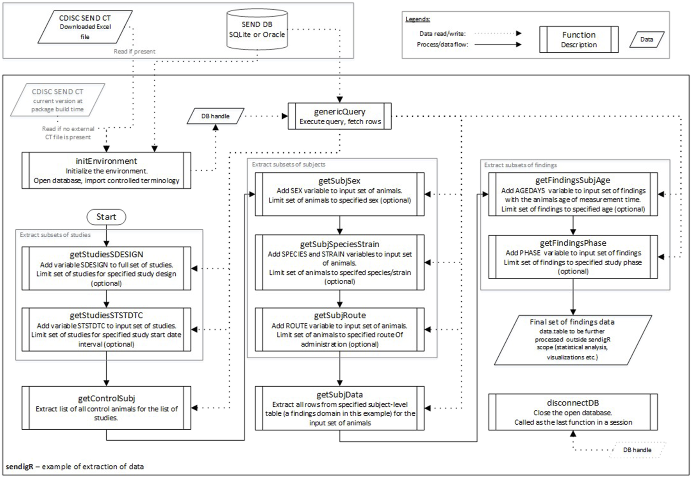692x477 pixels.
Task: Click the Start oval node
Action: (106, 217)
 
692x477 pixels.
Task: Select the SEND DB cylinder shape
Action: (257, 30)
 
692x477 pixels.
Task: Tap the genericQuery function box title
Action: (339, 111)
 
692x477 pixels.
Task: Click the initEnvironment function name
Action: (106, 161)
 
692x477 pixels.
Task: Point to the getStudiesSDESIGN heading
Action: (106, 254)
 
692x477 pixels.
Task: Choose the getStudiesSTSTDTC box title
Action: (106, 315)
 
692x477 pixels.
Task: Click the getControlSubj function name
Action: (106, 398)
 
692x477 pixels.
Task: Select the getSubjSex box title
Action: (339, 181)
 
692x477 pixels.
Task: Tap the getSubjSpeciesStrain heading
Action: (339, 244)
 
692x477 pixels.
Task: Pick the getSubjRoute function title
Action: (339, 315)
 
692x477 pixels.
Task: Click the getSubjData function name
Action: (339, 395)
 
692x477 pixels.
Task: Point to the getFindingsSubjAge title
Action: (573, 180)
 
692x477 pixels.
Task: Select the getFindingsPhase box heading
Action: (573, 243)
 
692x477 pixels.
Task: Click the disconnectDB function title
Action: (573, 403)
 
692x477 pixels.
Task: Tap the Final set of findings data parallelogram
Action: (573, 339)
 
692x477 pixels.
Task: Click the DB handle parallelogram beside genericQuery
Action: (216, 116)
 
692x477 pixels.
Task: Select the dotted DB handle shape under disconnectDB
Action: (637, 450)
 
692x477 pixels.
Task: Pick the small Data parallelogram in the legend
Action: (646, 39)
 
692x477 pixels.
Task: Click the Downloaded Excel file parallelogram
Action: (85, 27)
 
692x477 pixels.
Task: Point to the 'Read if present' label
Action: (134, 51)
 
